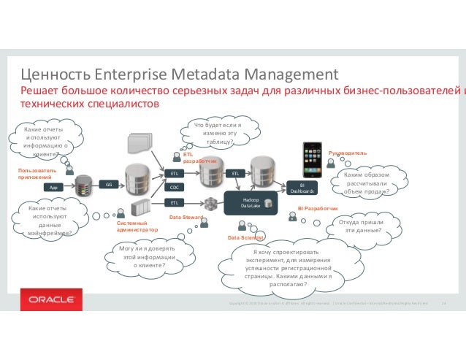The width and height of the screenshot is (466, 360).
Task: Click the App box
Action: [x=53, y=187]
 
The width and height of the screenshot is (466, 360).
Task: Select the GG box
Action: [x=107, y=184]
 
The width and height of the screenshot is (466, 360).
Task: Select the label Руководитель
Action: [x=347, y=153]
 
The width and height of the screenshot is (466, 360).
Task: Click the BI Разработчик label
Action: [x=317, y=209]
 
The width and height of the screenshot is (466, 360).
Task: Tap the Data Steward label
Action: [x=186, y=218]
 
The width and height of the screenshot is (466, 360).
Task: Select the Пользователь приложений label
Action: [x=35, y=173]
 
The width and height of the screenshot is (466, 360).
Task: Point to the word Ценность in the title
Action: [x=56, y=74]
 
